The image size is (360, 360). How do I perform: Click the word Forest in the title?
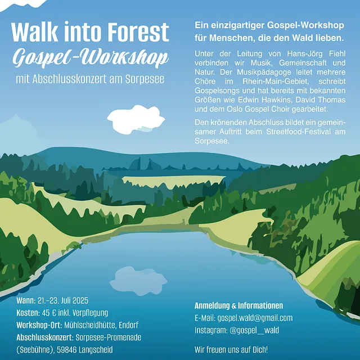pos(139,32)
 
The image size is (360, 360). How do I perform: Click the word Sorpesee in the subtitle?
pos(145,79)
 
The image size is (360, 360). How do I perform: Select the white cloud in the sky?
pos(136,119)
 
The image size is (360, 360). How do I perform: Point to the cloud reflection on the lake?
pos(138,281)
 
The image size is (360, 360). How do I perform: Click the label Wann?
pos(26,300)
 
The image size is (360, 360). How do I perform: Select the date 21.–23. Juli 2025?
pos(62,300)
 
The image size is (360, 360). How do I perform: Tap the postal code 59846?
pos(67,350)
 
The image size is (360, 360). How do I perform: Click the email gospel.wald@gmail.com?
pos(255,318)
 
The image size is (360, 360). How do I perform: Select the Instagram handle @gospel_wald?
pos(254,330)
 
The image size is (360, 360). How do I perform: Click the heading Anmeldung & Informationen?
pos(238,305)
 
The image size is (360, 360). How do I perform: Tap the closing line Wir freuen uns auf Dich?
pos(231,350)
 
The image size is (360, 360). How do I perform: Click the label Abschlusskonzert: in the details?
pos(45,337)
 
